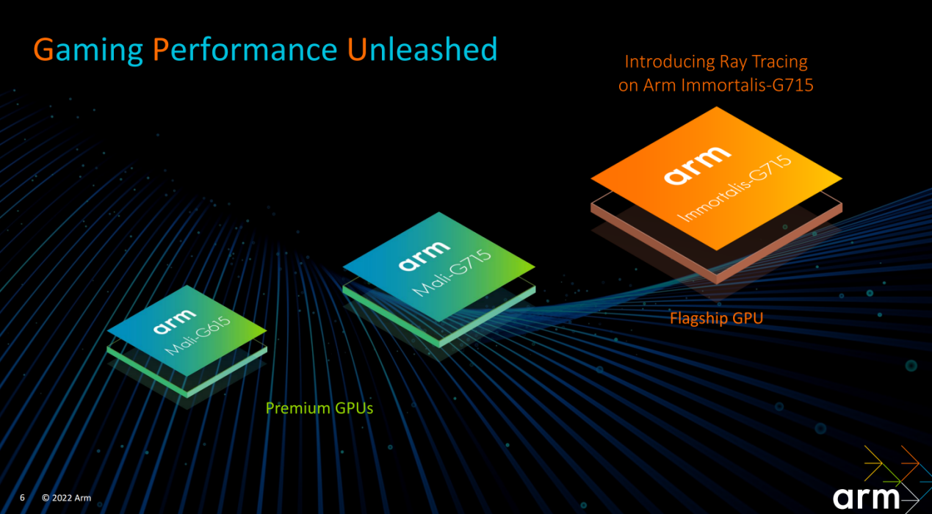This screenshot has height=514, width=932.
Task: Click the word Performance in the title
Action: (245, 49)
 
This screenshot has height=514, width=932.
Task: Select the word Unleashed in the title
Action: (422, 49)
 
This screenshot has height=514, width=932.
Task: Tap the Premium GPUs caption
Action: (319, 408)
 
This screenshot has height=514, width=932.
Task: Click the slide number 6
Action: (22, 498)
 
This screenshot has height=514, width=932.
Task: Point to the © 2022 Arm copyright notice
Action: (67, 498)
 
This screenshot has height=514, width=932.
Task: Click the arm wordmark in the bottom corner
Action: (866, 499)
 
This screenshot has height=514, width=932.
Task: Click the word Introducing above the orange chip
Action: (667, 62)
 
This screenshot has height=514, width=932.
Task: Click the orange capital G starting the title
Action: (44, 49)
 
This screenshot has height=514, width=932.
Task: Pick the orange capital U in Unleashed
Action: (357, 49)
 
